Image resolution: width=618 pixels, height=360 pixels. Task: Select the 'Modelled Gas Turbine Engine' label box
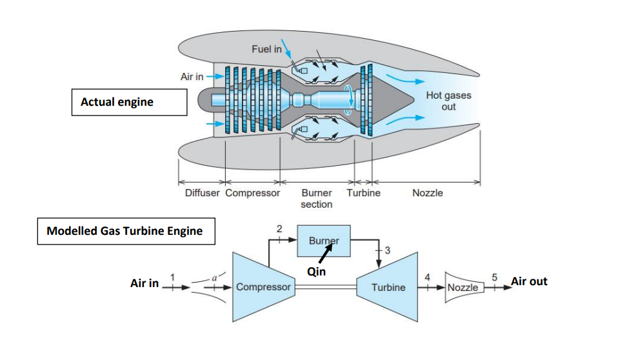tap(125, 231)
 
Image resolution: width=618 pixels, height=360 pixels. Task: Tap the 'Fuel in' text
tap(265, 50)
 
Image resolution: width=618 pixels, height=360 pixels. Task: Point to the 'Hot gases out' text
tap(448, 101)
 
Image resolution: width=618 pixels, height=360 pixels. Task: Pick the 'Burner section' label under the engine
tap(316, 198)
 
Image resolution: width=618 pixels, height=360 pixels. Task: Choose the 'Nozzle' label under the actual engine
tap(427, 193)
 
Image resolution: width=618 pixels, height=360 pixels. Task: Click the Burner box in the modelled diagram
tap(323, 241)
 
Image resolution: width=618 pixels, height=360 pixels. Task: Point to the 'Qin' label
tap(316, 272)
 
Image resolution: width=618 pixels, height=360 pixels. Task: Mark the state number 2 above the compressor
tap(279, 228)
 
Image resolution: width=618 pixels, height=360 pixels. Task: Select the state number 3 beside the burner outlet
tap(386, 250)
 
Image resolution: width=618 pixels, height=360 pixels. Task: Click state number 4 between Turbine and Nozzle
tap(427, 276)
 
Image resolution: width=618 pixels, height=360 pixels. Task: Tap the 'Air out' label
tap(529, 281)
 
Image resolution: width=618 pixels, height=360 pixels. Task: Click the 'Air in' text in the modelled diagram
tap(145, 283)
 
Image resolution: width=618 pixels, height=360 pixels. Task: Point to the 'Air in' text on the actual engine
tap(192, 76)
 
